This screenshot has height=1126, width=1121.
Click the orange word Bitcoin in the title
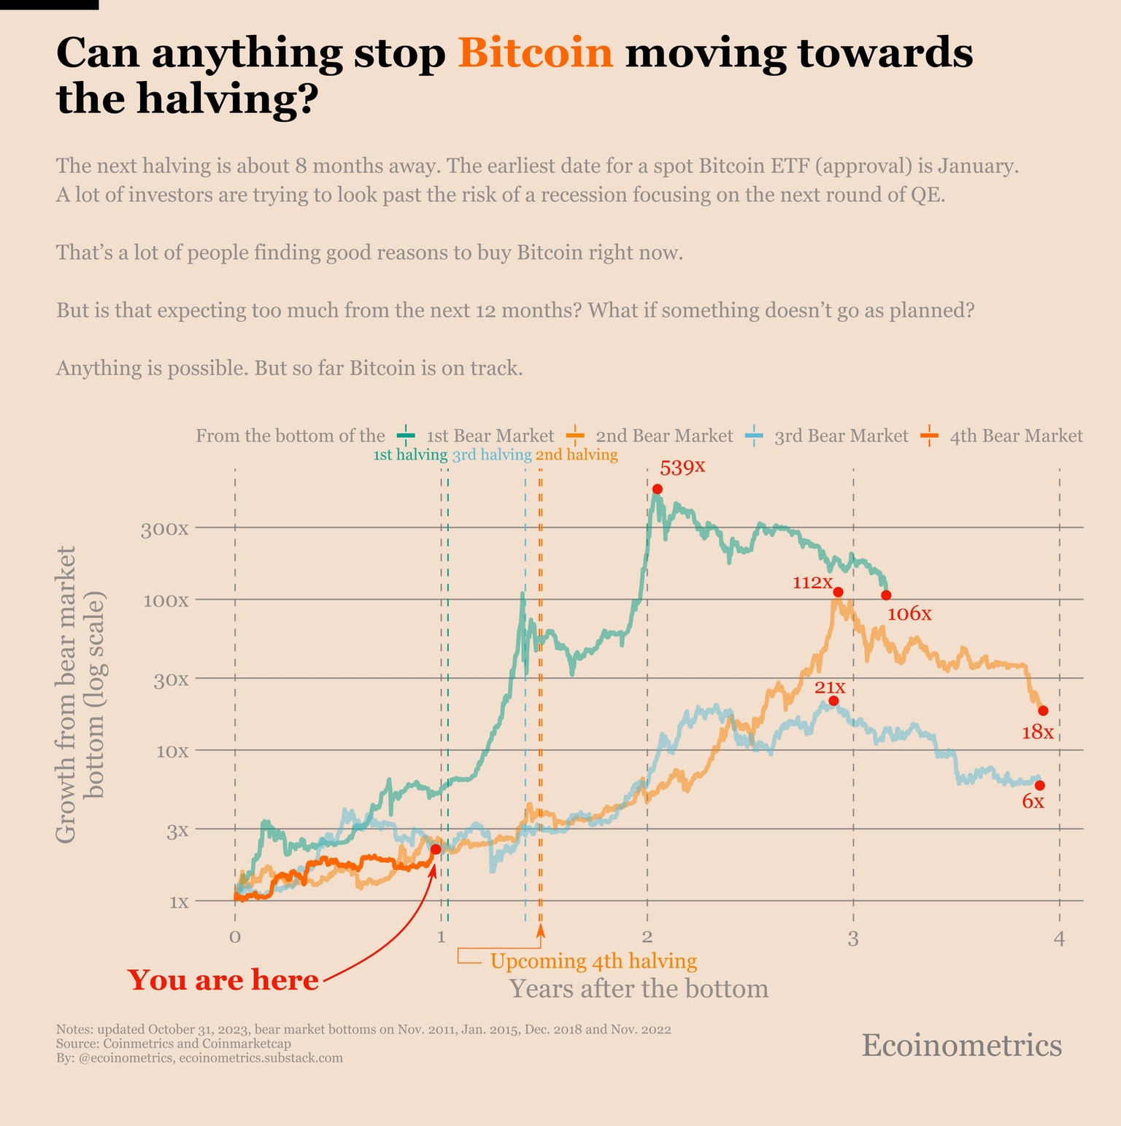tap(536, 53)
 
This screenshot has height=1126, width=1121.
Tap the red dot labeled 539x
tap(657, 489)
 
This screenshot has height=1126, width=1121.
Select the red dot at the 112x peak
tap(838, 592)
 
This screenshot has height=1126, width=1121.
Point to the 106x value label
tap(909, 614)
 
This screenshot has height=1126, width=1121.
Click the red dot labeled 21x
tap(833, 701)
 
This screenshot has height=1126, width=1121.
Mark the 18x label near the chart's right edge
tap(1037, 732)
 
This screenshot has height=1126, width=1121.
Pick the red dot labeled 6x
tap(1040, 785)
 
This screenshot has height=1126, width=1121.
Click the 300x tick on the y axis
tap(164, 528)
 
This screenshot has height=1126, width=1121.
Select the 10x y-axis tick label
tap(172, 751)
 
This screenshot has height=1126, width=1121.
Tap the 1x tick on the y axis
tap(179, 901)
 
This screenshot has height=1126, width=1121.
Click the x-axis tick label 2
tap(647, 937)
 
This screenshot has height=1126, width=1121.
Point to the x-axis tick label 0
tap(234, 937)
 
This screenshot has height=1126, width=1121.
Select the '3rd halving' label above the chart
tap(491, 455)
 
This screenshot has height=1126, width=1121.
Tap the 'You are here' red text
tap(223, 979)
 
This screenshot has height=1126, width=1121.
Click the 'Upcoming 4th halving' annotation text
tap(593, 961)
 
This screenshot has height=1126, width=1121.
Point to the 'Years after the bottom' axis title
tap(639, 989)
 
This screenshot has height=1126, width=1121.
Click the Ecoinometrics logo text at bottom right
tap(961, 1045)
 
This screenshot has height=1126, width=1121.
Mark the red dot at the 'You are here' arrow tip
tap(436, 849)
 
